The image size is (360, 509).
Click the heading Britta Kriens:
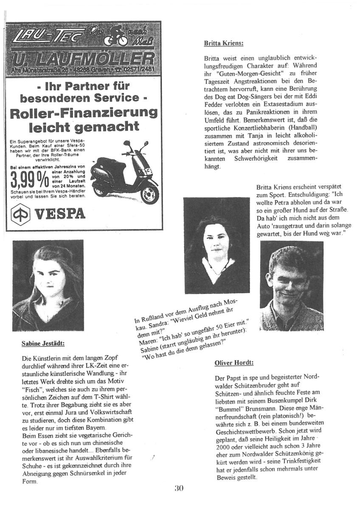pos(223,43)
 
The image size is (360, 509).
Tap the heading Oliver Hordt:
pos(234,363)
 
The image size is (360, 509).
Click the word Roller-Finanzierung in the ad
pos(83,113)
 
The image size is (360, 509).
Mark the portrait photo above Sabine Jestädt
pos(48,285)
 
